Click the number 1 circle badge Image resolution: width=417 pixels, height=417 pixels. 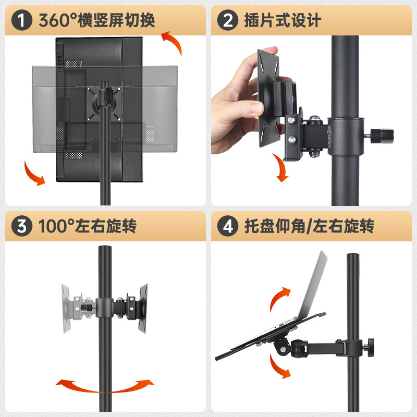coord(22,20)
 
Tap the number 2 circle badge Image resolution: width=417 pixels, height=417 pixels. coord(228,20)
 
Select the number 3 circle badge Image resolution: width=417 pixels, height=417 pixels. coord(22,226)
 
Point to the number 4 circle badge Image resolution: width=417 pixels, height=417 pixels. coord(228,226)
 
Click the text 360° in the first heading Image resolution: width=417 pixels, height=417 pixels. coord(57,20)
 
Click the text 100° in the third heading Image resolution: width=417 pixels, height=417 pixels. coord(56,226)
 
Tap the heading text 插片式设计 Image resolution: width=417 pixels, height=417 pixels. coord(283,20)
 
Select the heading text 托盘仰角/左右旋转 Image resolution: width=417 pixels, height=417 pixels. coord(309,226)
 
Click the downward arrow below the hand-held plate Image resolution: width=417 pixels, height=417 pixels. coord(281,168)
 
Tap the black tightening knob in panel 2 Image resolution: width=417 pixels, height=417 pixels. coord(382,136)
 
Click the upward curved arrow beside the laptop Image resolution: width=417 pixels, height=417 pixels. coord(279,298)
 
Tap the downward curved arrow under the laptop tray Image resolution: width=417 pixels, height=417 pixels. coord(279,366)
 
